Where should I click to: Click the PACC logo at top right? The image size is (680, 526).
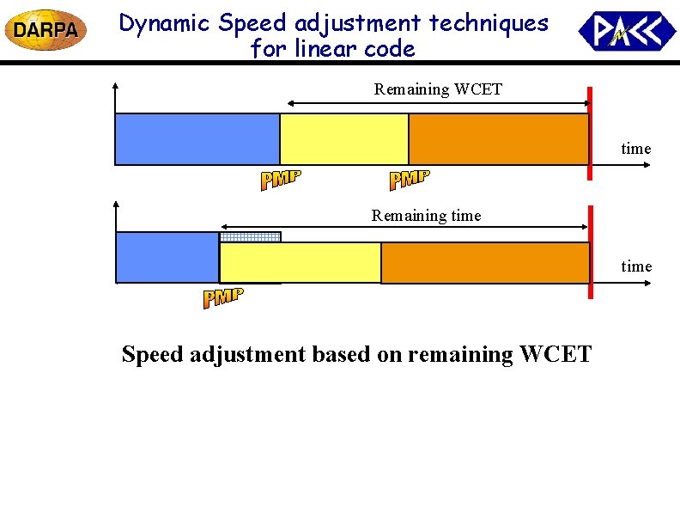pos(627,31)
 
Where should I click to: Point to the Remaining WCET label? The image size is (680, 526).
pos(438,89)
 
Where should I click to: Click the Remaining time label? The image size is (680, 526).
pos(426,216)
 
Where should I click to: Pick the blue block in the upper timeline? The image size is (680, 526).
pos(197,139)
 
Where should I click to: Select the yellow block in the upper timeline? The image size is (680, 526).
pos(344,139)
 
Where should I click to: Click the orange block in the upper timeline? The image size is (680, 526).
pos(498,139)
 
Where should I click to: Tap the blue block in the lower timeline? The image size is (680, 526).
pos(167,257)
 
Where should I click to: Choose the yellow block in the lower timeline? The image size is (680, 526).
pos(300,262)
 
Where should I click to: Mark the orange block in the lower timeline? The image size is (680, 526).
pos(484,262)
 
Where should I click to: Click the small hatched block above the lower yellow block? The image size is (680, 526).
pos(250,237)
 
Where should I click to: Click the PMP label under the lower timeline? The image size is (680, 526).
pos(223,298)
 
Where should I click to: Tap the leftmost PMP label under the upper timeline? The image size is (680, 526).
pos(281,180)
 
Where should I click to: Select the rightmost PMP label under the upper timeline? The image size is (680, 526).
pos(410,180)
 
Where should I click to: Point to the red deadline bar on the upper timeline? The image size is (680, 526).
pos(590,134)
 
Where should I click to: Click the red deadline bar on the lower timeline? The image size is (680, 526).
pos(590,253)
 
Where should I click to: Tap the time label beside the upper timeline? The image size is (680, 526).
pos(636,149)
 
